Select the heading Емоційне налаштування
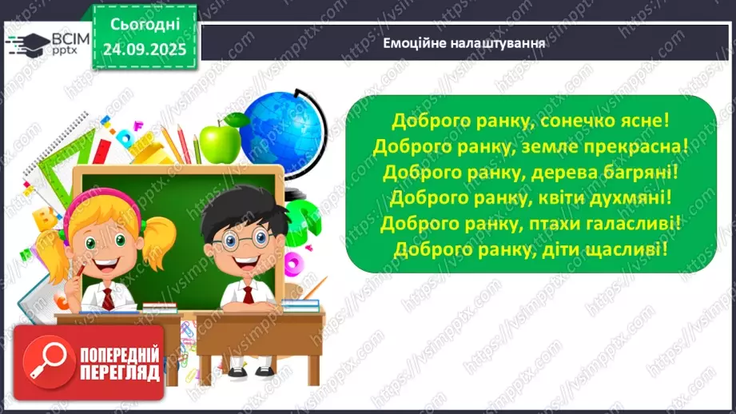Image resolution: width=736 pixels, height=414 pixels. (x=464, y=43)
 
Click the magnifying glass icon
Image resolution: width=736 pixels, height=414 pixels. (x=45, y=361)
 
